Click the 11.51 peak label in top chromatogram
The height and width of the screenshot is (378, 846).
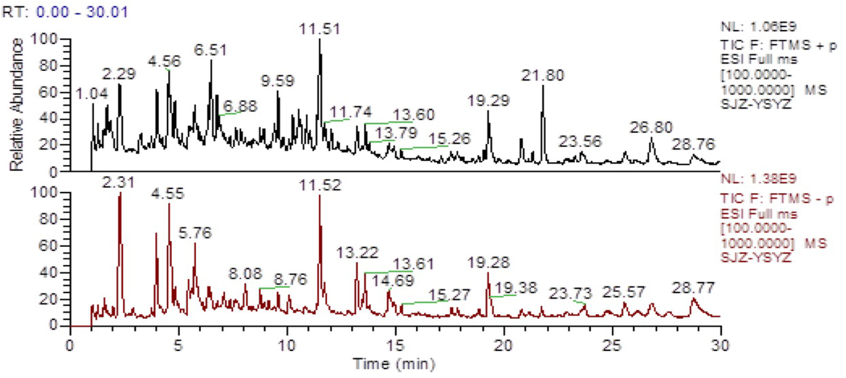[x=319, y=29]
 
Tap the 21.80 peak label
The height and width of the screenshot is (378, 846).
[x=543, y=75]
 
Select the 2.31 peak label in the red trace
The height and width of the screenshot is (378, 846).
[x=118, y=183]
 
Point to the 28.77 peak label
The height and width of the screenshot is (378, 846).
[x=693, y=288]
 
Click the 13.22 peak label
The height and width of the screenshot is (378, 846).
[x=357, y=253]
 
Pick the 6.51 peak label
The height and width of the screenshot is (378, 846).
[x=210, y=50]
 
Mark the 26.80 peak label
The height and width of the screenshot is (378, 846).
[x=651, y=127]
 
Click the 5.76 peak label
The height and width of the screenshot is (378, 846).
[x=195, y=233]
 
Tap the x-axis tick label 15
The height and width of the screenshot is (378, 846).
[x=396, y=346]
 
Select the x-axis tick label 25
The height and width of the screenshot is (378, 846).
[x=612, y=346]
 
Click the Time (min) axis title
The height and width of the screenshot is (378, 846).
[x=394, y=364]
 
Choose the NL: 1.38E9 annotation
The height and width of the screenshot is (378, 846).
[x=758, y=178]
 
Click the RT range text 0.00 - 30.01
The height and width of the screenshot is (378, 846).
[x=82, y=12]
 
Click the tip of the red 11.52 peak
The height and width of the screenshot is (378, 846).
[x=319, y=196]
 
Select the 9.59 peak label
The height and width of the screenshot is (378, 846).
[x=277, y=81]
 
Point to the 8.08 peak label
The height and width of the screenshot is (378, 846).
[x=245, y=274]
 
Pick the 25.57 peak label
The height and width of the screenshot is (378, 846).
[x=623, y=292]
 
